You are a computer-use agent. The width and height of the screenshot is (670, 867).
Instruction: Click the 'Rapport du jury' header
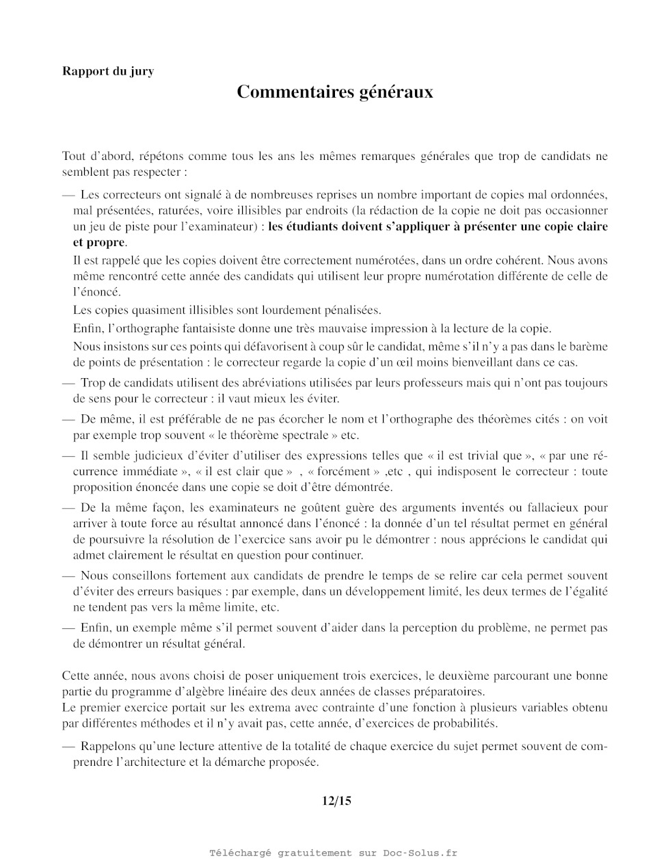pyautogui.click(x=108, y=71)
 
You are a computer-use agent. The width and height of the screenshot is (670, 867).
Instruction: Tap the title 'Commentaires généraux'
pyautogui.click(x=335, y=92)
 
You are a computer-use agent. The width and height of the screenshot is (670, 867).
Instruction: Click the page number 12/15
pyautogui.click(x=336, y=801)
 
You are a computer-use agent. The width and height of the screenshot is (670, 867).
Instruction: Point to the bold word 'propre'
pyautogui.click(x=107, y=243)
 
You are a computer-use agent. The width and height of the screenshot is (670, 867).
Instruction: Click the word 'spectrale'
pyautogui.click(x=305, y=435)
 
